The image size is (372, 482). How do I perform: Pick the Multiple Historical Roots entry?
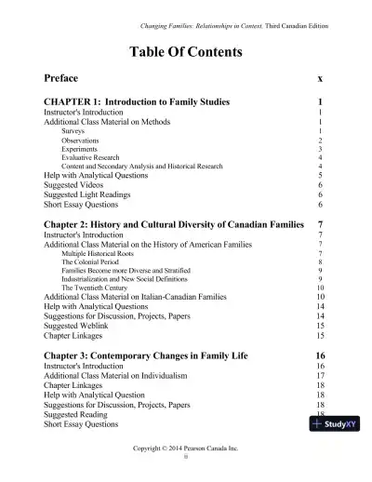pos(104,253)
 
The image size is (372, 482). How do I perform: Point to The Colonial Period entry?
pos(94,262)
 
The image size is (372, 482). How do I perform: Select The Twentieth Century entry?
pos(98,288)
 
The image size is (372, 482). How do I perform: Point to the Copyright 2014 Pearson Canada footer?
pos(185,448)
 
